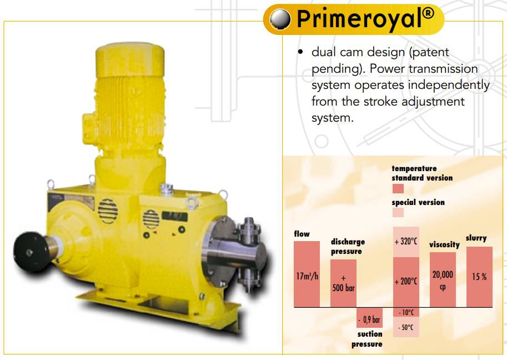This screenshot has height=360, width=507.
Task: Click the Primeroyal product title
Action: click(x=365, y=19)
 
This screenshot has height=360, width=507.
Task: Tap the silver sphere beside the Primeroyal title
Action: click(x=280, y=19)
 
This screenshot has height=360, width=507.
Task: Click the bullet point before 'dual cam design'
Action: click(x=300, y=52)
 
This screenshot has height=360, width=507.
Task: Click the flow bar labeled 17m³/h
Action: click(x=307, y=274)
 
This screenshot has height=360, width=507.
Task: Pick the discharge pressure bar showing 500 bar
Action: click(x=343, y=283)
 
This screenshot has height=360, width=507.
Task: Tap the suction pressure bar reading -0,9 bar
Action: click(x=370, y=317)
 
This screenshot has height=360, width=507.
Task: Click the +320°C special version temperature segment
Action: click(x=406, y=242)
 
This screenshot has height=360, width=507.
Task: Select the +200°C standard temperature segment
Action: click(x=406, y=282)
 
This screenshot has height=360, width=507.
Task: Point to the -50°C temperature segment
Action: click(x=406, y=327)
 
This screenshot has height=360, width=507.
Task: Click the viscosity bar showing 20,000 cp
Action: click(x=443, y=279)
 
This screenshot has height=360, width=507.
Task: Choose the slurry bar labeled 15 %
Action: click(x=480, y=277)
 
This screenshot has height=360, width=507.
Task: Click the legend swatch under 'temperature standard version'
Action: click(x=398, y=188)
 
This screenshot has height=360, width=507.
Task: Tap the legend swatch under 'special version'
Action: click(x=398, y=213)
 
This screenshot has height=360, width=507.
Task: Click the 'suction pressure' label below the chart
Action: click(x=368, y=339)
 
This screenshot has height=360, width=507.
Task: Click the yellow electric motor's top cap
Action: click(x=130, y=59)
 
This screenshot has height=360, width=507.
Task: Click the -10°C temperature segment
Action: click(x=406, y=312)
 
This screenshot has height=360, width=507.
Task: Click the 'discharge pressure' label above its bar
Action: click(x=348, y=247)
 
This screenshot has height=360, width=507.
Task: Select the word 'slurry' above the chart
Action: click(x=476, y=238)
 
